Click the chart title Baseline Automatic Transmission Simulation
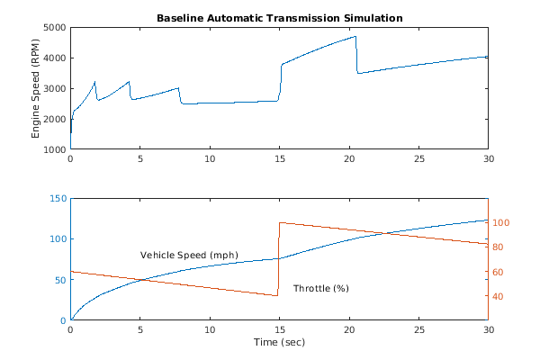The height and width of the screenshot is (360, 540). pyautogui.click(x=279, y=18)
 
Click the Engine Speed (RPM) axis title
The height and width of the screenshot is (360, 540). pyautogui.click(x=37, y=88)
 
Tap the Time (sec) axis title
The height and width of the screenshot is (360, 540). pyautogui.click(x=279, y=343)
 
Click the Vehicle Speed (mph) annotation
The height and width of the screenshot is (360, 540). pyautogui.click(x=189, y=255)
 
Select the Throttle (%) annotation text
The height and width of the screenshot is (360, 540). pyautogui.click(x=320, y=288)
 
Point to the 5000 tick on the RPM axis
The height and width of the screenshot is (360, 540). pyautogui.click(x=54, y=28)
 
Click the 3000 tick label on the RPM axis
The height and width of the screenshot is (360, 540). pyautogui.click(x=54, y=89)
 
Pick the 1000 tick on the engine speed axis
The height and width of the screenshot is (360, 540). pyautogui.click(x=54, y=149)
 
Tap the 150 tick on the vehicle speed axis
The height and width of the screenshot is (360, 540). pyautogui.click(x=57, y=198)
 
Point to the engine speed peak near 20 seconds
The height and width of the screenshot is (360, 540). pyautogui.click(x=355, y=37)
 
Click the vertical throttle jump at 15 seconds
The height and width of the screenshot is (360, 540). pyautogui.click(x=279, y=259)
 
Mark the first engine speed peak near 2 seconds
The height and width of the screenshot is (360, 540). pyautogui.click(x=95, y=82)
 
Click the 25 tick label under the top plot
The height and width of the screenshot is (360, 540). pyautogui.click(x=418, y=159)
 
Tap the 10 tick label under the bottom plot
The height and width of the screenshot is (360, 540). pyautogui.click(x=210, y=330)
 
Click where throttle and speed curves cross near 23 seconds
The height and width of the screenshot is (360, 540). pyautogui.click(x=388, y=234)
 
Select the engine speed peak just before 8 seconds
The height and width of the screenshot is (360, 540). pyautogui.click(x=178, y=88)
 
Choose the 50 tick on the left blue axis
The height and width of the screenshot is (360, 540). pyautogui.click(x=59, y=279)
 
